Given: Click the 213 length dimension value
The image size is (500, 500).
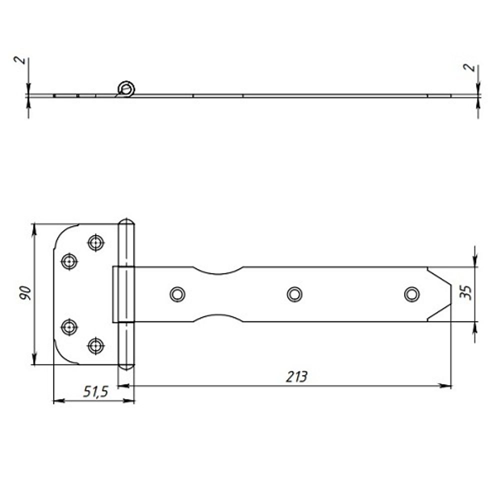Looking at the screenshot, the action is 296,377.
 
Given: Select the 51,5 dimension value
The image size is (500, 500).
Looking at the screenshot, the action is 95,392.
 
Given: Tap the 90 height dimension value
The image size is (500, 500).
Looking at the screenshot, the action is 25,293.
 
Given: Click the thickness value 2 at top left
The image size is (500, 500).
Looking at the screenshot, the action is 20,60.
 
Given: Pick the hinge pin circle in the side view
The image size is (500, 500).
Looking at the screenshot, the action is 126,89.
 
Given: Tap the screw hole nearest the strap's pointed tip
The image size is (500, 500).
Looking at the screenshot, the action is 411,294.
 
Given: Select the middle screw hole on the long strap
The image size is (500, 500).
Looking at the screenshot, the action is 294,294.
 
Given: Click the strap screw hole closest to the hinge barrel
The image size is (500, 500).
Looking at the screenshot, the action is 177,294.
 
